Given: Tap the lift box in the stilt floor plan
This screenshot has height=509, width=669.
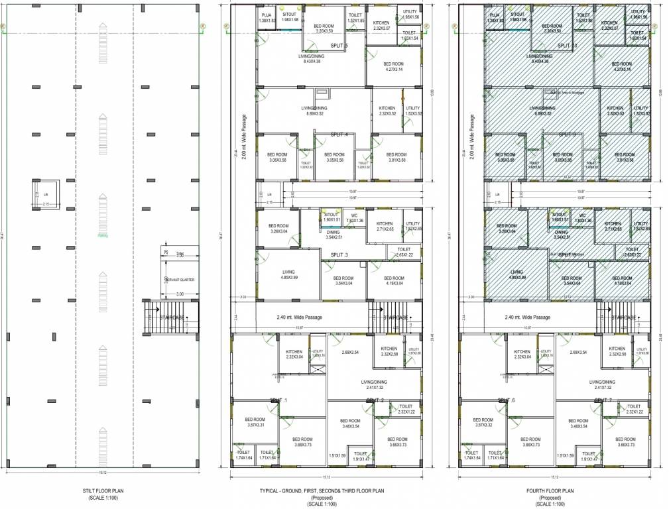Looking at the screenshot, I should pyautogui.click(x=46, y=194).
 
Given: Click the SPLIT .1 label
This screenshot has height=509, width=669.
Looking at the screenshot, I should pyautogui.click(x=278, y=401).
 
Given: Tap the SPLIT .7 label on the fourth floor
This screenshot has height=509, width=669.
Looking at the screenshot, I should pyautogui.click(x=602, y=401).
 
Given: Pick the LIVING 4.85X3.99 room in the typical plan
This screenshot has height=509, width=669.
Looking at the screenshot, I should pyautogui.click(x=288, y=274).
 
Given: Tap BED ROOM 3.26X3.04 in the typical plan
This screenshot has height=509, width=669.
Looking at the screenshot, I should pyautogui.click(x=278, y=229).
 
